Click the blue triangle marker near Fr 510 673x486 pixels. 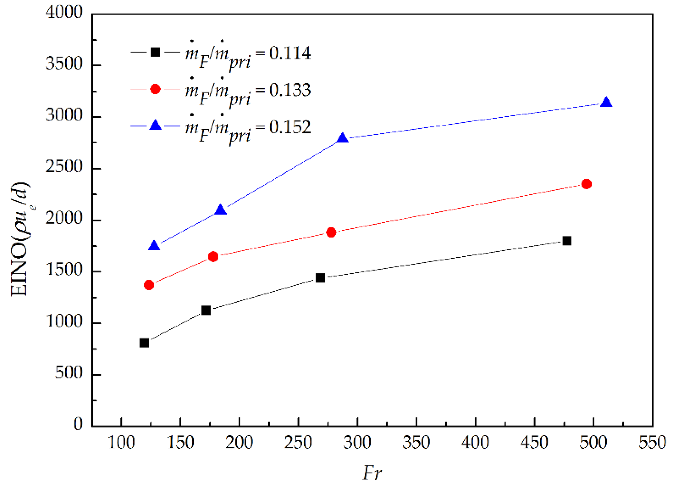pyautogui.click(x=606, y=103)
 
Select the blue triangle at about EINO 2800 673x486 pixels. pyautogui.click(x=342, y=138)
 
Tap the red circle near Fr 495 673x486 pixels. pyautogui.click(x=586, y=184)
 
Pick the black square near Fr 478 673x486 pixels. pyautogui.click(x=567, y=241)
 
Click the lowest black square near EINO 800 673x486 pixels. pyautogui.click(x=144, y=343)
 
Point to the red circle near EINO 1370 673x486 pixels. pyautogui.click(x=149, y=285)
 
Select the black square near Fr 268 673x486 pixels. pyautogui.click(x=320, y=278)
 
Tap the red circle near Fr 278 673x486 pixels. pyautogui.click(x=331, y=232)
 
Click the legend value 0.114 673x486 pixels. pyautogui.click(x=290, y=53)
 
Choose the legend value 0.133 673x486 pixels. pyautogui.click(x=290, y=90)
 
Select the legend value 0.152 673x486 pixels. pyautogui.click(x=290, y=127)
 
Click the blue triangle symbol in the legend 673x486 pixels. pyautogui.click(x=155, y=125)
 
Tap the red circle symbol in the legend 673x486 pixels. pyautogui.click(x=155, y=89)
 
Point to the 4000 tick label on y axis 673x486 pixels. pyautogui.click(x=64, y=12)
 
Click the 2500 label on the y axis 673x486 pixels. pyautogui.click(x=64, y=167)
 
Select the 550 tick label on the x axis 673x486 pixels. pyautogui.click(x=652, y=442)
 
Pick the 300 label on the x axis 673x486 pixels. pyautogui.click(x=357, y=442)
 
